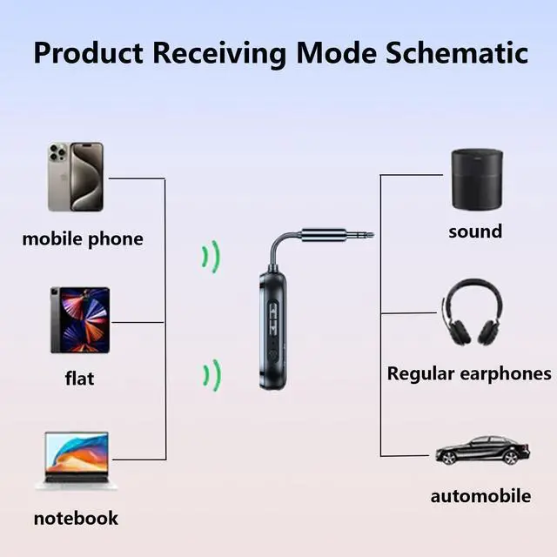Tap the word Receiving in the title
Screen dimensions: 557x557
click(220, 53)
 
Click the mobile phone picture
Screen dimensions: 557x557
click(75, 178)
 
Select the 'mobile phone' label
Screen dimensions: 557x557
click(83, 238)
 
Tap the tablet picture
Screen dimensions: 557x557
click(79, 320)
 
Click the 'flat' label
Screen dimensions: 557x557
click(79, 379)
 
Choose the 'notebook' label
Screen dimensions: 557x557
click(76, 518)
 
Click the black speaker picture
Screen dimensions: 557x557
click(476, 178)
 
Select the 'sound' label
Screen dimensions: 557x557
click(475, 232)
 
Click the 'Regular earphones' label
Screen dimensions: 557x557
click(469, 373)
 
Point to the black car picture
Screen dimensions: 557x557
click(481, 451)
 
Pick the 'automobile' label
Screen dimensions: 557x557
click(480, 496)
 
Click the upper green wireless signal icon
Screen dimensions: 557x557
click(211, 256)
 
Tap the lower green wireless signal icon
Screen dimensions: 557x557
click(211, 374)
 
